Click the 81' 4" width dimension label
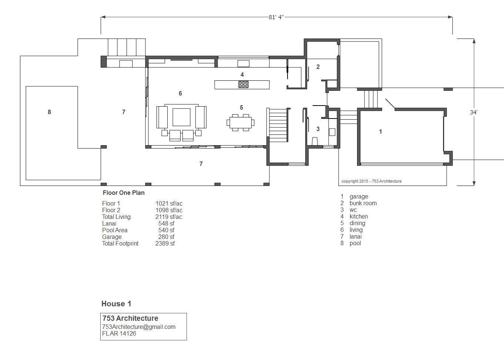click(276, 17)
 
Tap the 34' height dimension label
click(473, 112)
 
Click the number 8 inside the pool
click(49, 112)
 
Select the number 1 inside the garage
click(380, 131)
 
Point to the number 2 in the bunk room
click(318, 67)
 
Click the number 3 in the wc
click(318, 129)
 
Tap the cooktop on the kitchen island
click(243, 84)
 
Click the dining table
click(241, 123)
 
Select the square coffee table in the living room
click(181, 117)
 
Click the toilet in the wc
click(315, 141)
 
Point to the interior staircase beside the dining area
click(278, 125)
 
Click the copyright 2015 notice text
click(371, 181)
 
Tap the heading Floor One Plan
click(124, 193)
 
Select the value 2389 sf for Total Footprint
click(165, 243)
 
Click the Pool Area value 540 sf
click(166, 230)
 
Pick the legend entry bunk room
click(363, 203)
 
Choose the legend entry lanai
click(356, 236)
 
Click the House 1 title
click(116, 304)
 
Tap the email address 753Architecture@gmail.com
click(139, 327)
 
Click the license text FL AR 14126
click(119, 333)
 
